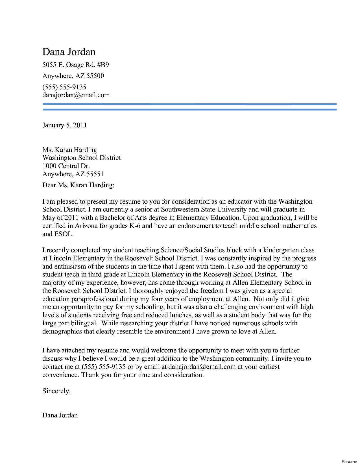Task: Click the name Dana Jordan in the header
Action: pyautogui.click(x=69, y=52)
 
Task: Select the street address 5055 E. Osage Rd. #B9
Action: pyautogui.click(x=75, y=65)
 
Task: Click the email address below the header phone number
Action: pyautogui.click(x=76, y=95)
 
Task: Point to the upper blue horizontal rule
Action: pyautogui.click(x=189, y=104)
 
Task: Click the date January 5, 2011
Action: pyautogui.click(x=64, y=125)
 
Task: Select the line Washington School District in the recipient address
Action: pyautogui.click(x=81, y=158)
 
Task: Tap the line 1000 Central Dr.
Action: pyautogui.click(x=66, y=166)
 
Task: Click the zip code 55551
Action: pyautogui.click(x=95, y=174)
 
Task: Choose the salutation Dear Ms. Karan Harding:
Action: pyautogui.click(x=78, y=185)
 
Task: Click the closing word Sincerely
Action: pyautogui.click(x=56, y=391)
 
